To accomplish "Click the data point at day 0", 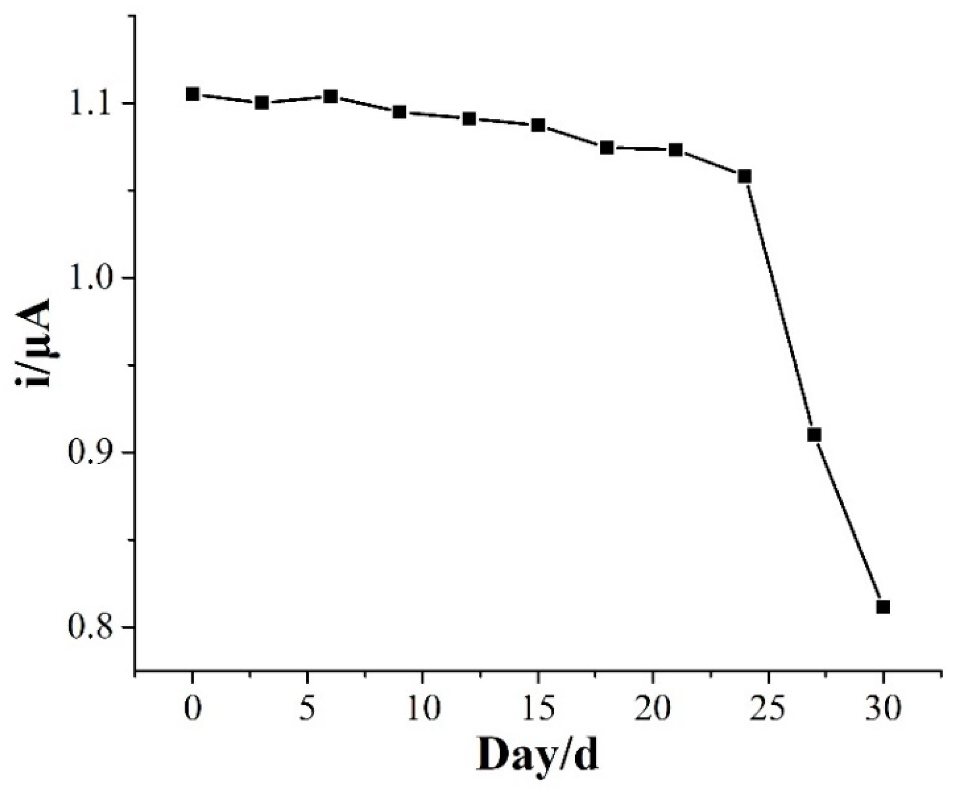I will pos(193,94).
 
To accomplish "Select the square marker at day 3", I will pos(262,102).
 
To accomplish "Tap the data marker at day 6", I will pos(331,96).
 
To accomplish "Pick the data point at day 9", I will pos(399,112).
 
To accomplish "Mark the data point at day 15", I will pos(538,125).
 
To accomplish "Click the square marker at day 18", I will pos(607,148).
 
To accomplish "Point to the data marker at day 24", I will pos(745,176).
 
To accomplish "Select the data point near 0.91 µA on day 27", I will pos(815,435).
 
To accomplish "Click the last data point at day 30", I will pos(883,606).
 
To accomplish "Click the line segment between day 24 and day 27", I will pos(780,306).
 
